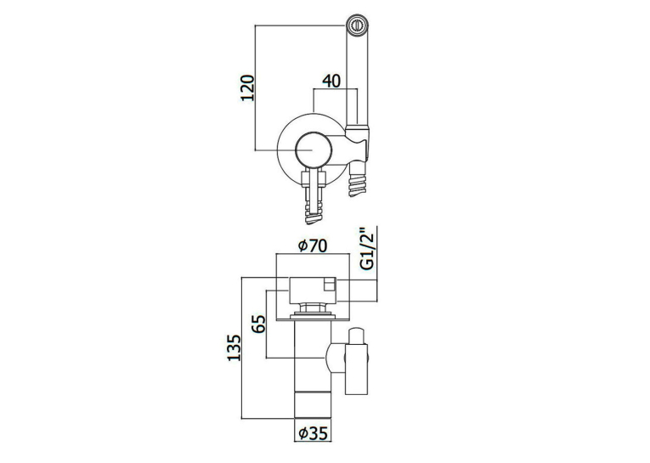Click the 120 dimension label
tap(247, 88)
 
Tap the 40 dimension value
tap(331, 81)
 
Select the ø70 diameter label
tap(313, 246)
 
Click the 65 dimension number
tap(258, 324)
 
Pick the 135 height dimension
tap(234, 347)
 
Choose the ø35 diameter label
tap(313, 433)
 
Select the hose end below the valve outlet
tap(314, 212)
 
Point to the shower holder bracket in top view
tap(357, 140)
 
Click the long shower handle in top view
tap(357, 78)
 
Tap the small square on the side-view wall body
tap(329, 284)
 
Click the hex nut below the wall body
tap(313, 308)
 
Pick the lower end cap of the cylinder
tap(313, 405)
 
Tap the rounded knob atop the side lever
tap(357, 336)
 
